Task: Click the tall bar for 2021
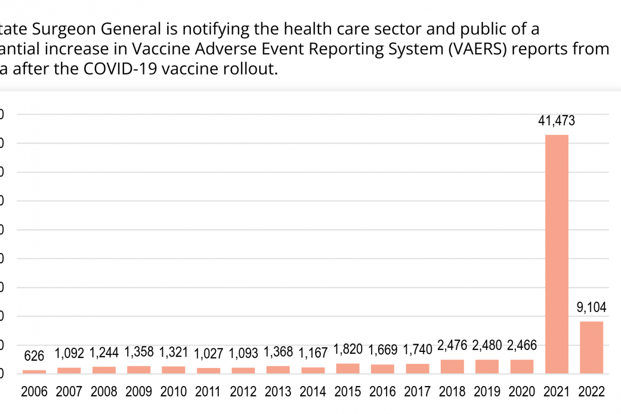556,254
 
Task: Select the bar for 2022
591,347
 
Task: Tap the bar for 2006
34,371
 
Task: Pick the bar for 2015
347,368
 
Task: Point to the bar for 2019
487,366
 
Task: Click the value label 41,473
556,121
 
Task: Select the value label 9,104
591,308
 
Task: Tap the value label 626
34,356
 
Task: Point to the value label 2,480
487,345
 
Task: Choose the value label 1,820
347,349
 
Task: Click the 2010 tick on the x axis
174,392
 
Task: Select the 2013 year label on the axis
278,392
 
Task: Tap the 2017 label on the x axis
417,392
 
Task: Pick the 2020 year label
522,392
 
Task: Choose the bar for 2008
104,369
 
